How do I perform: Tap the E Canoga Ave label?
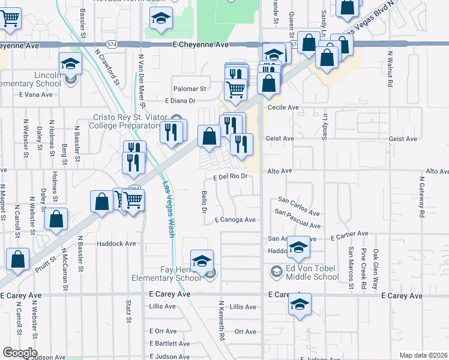(x=235, y=220)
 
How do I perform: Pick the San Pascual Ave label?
(x=298, y=218)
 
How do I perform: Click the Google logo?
(x=19, y=353)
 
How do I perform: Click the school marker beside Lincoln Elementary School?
(x=70, y=63)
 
